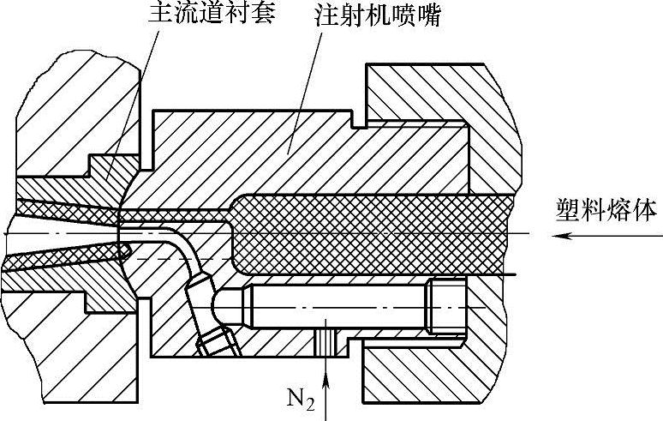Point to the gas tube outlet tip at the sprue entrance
(x=125, y=249)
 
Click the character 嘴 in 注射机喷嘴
(x=428, y=16)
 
